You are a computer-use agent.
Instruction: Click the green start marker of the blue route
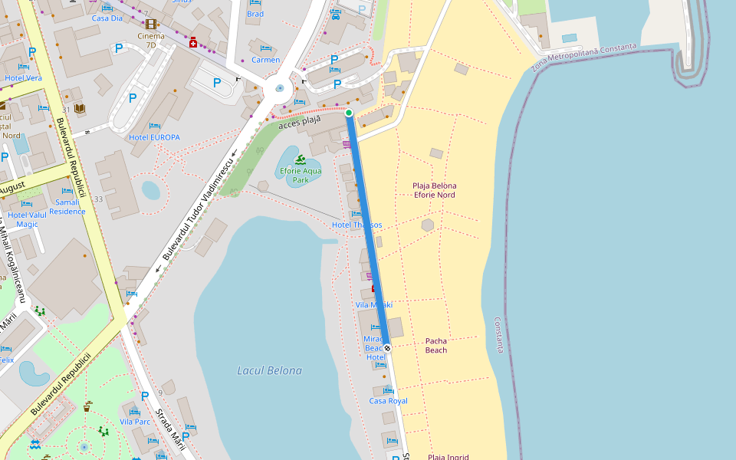click(x=349, y=113)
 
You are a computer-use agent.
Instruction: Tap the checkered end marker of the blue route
click(x=387, y=348)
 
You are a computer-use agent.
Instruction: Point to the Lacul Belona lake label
click(x=269, y=370)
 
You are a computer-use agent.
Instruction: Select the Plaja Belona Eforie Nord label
click(x=435, y=190)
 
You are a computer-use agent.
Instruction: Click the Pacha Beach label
click(x=435, y=345)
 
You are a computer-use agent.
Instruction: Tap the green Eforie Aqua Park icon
click(x=300, y=159)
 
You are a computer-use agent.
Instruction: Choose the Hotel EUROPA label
click(x=154, y=137)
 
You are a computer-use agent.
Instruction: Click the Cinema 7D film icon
click(x=150, y=24)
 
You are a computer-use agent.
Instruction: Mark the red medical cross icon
click(x=193, y=42)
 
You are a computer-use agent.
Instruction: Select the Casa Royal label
click(x=388, y=401)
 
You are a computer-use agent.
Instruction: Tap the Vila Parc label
click(x=135, y=422)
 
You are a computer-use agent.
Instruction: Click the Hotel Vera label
click(x=23, y=78)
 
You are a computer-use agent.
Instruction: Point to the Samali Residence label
click(x=67, y=207)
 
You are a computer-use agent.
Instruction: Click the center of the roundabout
click(x=279, y=88)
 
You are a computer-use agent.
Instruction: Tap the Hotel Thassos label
click(x=356, y=225)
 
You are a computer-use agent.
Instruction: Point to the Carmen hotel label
click(x=265, y=60)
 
